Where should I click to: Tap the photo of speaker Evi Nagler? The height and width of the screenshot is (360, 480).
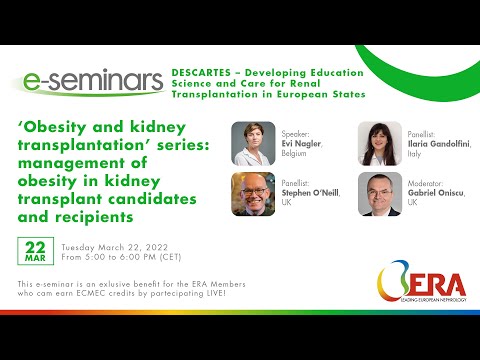(x=253, y=142)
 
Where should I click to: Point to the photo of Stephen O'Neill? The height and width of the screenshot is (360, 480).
(x=253, y=194)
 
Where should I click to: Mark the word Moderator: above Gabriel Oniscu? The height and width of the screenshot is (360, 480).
(x=428, y=186)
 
